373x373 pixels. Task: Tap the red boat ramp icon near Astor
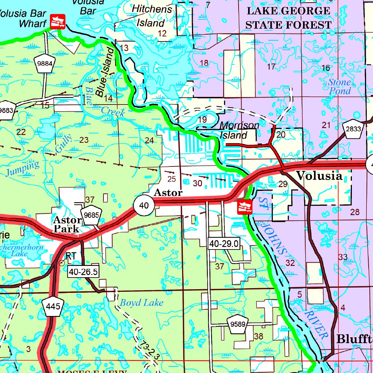tap(244, 207)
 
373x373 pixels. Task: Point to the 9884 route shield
tap(45, 64)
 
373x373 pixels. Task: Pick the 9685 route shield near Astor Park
tap(91, 215)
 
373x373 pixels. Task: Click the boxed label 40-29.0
tap(224, 243)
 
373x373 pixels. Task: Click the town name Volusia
tap(319, 176)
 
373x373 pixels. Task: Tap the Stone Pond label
tap(339, 87)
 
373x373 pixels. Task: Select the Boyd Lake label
tap(141, 303)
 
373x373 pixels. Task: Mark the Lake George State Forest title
tap(288, 17)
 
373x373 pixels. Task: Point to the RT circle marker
tap(62, 262)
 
